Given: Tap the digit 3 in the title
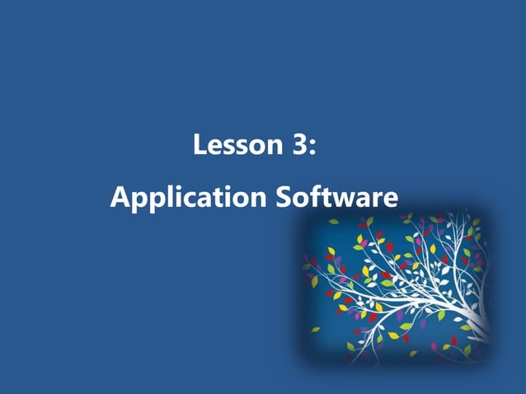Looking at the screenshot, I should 300,147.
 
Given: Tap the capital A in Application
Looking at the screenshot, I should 120,198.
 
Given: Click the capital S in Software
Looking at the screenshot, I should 283,198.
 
